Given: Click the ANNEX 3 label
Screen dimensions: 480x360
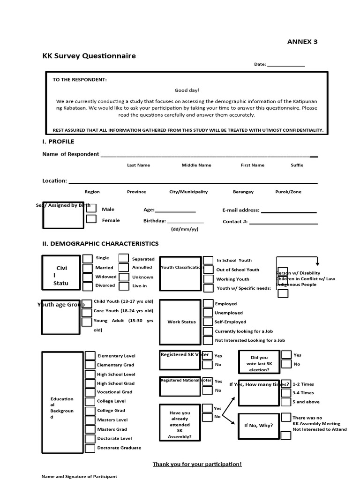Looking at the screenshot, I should pos(302,42).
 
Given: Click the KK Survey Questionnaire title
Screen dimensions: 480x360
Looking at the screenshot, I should pos(89,56).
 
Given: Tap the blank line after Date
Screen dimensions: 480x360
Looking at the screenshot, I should pos(286,65).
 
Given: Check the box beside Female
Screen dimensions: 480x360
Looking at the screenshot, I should pos(91,219).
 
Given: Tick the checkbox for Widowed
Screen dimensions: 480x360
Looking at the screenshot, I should pos(88,277).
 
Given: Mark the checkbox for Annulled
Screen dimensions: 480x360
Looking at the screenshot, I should pos(124,268).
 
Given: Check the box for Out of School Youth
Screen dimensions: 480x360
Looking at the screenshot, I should pos(208,270).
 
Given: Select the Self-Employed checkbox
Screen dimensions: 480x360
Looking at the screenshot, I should pos(207,322).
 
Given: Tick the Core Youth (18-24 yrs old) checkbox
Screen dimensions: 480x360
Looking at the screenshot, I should pos(86,311).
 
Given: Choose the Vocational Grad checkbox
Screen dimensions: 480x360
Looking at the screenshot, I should pos(90,392).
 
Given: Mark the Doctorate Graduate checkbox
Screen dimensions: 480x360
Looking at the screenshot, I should pos(90,448).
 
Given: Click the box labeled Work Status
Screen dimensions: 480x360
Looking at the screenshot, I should pos(181,322).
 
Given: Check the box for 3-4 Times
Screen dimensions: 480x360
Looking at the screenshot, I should pos(285,393).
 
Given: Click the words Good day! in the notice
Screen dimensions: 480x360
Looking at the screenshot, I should pos(187,90).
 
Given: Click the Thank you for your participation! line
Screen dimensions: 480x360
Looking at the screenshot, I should pos(197,464).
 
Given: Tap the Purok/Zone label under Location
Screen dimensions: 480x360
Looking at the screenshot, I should pos(288,192).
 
